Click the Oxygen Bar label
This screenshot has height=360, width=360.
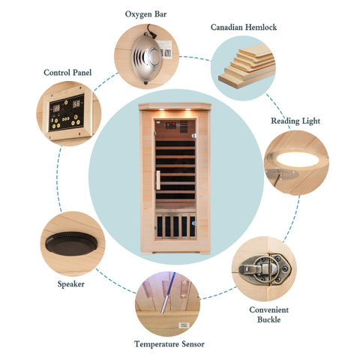[x=145, y=14]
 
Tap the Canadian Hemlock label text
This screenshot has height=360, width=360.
[x=244, y=27]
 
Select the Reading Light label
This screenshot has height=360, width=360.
[x=295, y=121]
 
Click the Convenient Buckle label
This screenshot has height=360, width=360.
[x=269, y=314]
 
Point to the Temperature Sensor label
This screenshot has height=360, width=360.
[x=169, y=344]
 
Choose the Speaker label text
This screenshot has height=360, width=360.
[x=71, y=284]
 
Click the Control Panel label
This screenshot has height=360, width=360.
[x=67, y=73]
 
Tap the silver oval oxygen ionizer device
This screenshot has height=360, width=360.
[x=146, y=59]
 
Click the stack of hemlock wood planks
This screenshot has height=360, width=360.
[x=247, y=66]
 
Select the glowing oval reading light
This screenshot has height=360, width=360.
[x=298, y=160]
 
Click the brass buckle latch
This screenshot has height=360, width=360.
[x=265, y=269]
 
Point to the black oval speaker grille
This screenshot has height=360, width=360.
[x=71, y=244]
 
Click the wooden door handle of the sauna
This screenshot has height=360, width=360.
[x=158, y=180]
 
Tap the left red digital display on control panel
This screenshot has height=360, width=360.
[x=56, y=108]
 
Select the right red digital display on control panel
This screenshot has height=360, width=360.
[x=76, y=103]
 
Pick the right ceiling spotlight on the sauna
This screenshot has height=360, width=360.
[x=187, y=109]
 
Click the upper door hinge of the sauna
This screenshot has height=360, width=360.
[x=194, y=136]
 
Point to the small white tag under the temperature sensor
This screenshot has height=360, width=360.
[x=184, y=325]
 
